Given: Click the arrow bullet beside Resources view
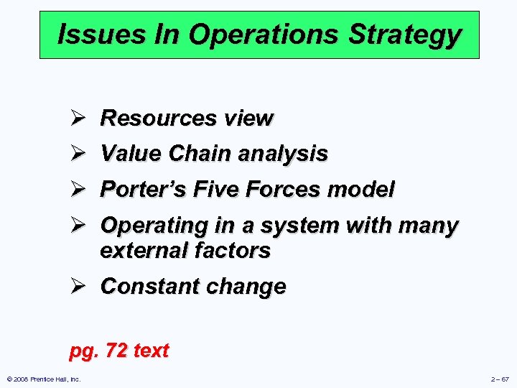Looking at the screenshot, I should point(78,118).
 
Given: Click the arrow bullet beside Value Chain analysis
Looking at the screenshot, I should point(78,153).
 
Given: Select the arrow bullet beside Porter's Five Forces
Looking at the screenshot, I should point(78,189).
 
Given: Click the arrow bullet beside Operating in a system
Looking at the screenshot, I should point(78,225).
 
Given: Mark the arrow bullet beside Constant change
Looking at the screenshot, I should point(78,286).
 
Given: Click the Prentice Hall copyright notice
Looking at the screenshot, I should point(44,379).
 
